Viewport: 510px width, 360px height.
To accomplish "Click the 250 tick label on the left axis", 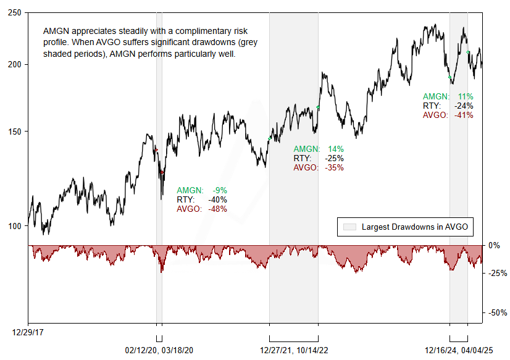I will click(15, 13).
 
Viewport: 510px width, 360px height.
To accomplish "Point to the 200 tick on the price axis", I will click(15, 64).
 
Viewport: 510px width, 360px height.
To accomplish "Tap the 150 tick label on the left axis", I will click(15, 132).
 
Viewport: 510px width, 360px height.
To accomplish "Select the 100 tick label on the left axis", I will click(15, 226).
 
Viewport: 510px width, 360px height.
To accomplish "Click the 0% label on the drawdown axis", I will click(494, 245).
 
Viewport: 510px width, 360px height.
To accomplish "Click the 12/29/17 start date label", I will click(28, 332).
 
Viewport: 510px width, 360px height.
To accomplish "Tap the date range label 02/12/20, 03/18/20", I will click(159, 350).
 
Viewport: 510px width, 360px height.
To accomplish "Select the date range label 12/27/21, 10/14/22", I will click(293, 350).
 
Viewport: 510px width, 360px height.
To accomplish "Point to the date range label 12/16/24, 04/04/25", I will click(459, 350).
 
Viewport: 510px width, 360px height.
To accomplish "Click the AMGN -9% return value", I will click(219, 190).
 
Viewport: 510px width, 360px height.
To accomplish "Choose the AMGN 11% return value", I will click(465, 96).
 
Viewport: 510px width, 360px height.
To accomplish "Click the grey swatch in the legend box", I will click(349, 227).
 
